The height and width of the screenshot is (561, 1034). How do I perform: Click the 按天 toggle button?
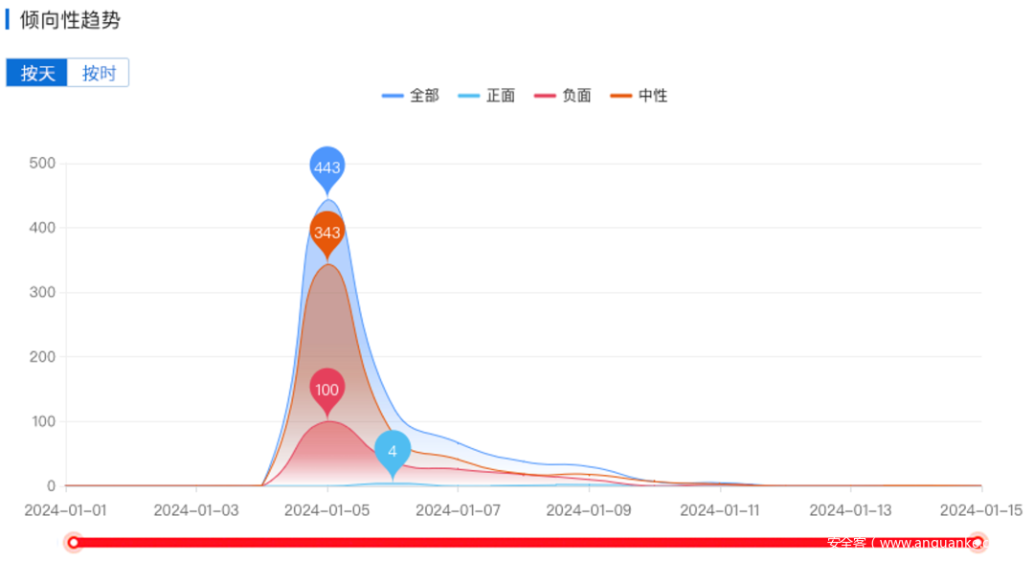coord(37,73)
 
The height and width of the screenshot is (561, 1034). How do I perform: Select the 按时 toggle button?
coord(99,73)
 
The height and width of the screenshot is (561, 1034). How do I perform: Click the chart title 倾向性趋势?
coord(70,20)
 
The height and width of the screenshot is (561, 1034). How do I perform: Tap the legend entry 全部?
coord(411,96)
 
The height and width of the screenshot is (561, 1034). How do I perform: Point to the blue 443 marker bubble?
coord(327,168)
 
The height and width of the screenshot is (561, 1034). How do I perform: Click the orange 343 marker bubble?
coord(327,233)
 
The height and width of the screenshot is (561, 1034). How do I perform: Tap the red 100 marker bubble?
coord(327,389)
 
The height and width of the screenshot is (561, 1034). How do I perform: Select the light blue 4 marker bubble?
coord(393,451)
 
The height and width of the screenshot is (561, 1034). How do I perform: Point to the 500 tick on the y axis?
coord(42,164)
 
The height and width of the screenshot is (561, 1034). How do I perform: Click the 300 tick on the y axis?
coord(42,293)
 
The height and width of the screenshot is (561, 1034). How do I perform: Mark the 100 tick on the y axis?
coord(42,421)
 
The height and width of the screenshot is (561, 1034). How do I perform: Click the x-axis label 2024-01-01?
coord(65,510)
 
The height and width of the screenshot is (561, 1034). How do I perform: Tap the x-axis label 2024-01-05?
coord(327,510)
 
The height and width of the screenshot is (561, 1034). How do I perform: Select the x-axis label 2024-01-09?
coord(589,510)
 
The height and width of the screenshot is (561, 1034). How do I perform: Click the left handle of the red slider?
coord(74,543)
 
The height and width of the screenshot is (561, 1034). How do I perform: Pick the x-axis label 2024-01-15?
coord(980,510)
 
